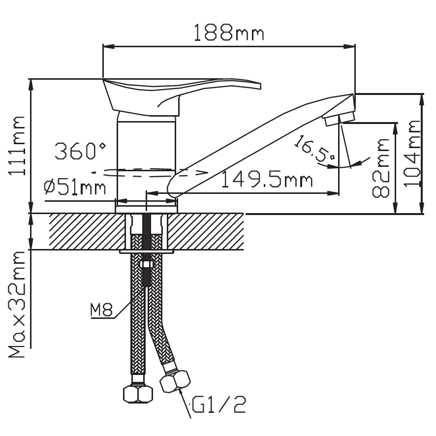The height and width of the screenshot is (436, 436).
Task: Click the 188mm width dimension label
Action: [228, 32]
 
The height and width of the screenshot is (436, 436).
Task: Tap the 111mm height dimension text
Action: [17, 146]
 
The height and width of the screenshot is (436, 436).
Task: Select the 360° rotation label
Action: [80, 151]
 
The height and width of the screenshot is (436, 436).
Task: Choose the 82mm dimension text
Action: [381, 168]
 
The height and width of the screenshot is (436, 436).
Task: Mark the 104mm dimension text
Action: [412, 154]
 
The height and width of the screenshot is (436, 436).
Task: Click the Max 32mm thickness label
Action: [17, 304]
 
